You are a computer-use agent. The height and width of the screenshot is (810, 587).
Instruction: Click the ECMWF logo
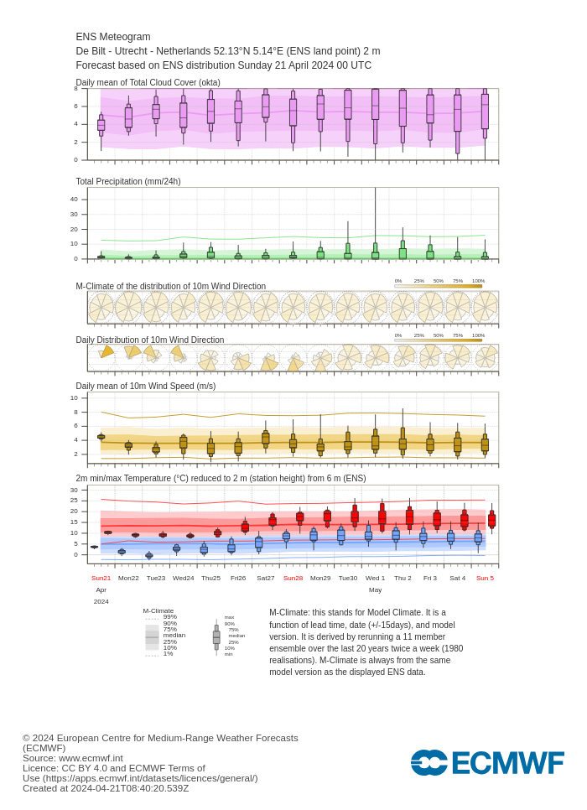(486, 762)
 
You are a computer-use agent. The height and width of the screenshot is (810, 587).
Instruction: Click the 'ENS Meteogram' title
(113, 37)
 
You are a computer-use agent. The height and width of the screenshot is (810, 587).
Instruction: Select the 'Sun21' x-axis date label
(101, 578)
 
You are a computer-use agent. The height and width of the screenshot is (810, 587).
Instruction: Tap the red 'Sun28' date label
(293, 578)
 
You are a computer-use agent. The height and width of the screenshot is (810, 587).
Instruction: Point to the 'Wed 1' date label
(375, 578)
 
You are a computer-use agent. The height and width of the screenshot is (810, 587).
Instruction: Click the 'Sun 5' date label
(485, 578)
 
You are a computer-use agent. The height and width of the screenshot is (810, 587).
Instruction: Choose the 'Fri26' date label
(238, 578)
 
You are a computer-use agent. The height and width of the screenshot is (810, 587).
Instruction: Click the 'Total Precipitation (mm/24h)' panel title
(128, 181)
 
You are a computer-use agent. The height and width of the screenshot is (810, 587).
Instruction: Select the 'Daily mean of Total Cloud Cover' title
(148, 82)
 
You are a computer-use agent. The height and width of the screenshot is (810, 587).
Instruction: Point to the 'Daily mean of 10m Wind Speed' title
(145, 386)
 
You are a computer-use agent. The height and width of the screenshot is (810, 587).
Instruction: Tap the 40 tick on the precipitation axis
(74, 199)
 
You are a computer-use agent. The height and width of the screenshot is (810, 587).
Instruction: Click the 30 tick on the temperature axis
(74, 490)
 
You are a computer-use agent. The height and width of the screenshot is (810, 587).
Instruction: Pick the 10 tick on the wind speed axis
(74, 397)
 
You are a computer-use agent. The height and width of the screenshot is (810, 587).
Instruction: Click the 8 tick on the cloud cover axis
(75, 88)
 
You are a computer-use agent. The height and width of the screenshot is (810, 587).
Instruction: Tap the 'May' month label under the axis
(375, 589)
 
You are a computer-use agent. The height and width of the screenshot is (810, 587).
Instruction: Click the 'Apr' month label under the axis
(101, 589)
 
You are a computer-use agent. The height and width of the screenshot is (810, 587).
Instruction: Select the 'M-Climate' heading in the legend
(158, 610)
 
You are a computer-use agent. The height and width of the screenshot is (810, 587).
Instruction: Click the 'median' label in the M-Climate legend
(174, 635)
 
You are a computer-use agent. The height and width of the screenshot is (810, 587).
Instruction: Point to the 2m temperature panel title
(221, 478)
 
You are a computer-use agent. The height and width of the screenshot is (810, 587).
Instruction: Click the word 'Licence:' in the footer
(40, 768)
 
